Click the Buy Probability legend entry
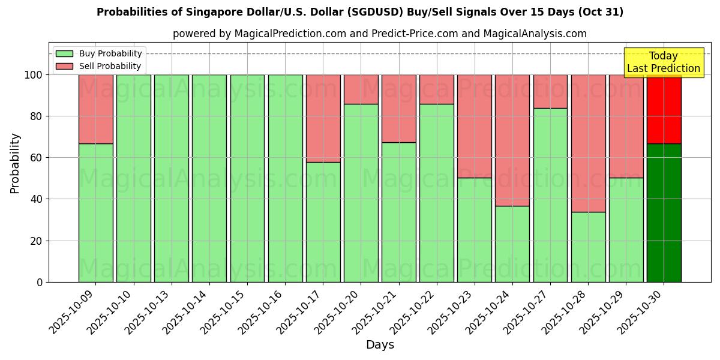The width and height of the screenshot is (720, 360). (98, 53)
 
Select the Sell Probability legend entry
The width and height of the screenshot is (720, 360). (98, 66)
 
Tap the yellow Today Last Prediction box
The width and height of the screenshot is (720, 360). (663, 62)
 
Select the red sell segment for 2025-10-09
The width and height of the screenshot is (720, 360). (95, 109)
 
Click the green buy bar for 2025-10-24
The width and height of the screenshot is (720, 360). (512, 244)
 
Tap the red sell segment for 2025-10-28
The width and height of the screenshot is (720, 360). (588, 143)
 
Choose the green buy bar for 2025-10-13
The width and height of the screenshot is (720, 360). (172, 178)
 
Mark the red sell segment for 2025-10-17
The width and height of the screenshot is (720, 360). (323, 118)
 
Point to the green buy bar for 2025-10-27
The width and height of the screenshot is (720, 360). (550, 195)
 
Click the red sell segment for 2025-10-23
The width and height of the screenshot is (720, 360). (475, 126)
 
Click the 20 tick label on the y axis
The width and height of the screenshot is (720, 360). (37, 241)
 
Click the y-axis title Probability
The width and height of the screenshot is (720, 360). (15, 163)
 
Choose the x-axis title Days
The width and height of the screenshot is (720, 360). (380, 345)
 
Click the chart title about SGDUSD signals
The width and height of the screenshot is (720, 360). (360, 12)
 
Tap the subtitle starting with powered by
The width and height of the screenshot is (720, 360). (380, 34)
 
